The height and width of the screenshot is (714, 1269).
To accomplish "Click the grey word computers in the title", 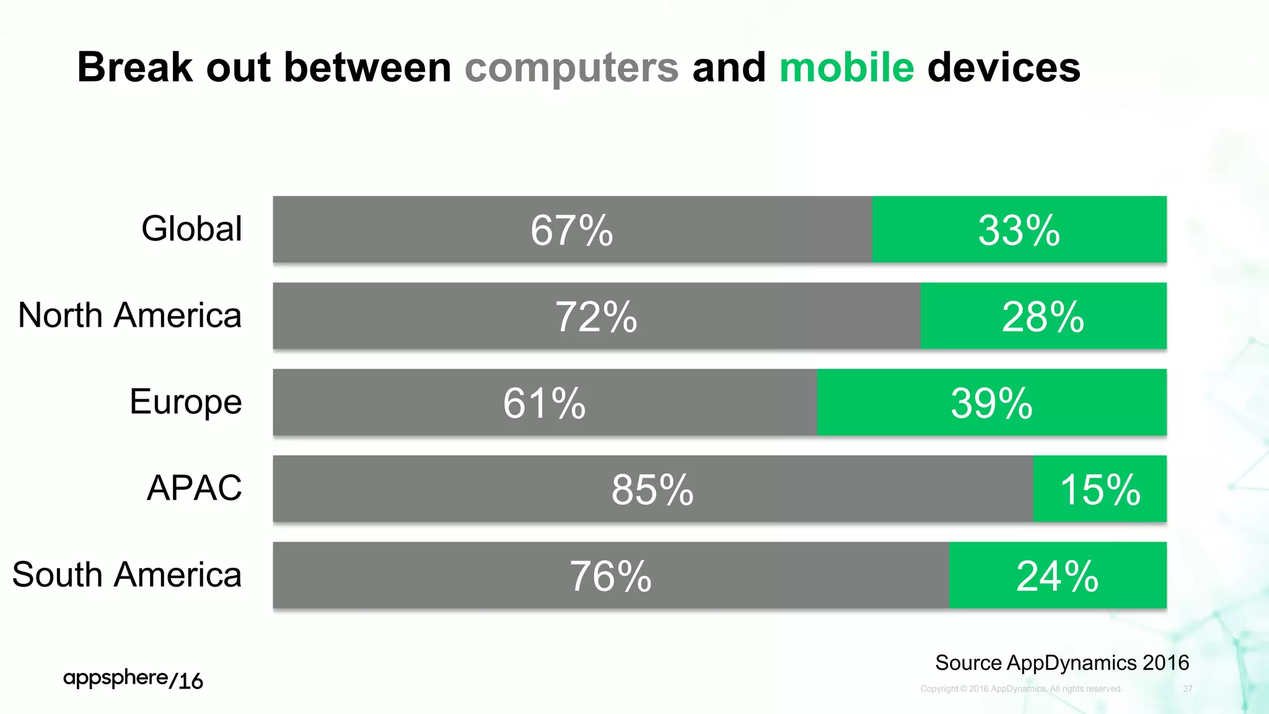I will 571,68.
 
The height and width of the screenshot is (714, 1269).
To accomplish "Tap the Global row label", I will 191,229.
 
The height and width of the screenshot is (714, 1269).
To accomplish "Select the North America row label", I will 130,315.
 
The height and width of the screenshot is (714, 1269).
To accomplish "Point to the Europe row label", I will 185,402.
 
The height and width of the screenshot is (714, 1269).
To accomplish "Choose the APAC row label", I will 194,488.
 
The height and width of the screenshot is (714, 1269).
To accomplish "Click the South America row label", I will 126,575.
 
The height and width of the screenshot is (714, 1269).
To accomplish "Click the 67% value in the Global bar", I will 571,231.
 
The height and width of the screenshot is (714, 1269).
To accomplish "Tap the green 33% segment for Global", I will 1019,231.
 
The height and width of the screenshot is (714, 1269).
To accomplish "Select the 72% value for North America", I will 596,317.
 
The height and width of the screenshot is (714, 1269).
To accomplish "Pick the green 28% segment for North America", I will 1043,317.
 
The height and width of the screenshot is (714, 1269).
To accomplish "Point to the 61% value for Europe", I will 544,403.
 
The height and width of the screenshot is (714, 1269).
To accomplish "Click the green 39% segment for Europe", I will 991,403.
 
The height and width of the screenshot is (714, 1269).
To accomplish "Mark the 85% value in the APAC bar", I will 652,490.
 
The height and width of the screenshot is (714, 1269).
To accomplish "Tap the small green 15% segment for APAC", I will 1100,490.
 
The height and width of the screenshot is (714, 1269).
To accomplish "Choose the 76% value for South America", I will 610,576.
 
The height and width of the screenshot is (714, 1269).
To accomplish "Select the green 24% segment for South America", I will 1057,576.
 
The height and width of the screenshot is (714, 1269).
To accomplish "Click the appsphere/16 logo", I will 133,679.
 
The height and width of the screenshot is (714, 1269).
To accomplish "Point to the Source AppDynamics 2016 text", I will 1061,663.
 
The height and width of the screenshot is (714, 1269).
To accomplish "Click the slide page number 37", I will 1187,689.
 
